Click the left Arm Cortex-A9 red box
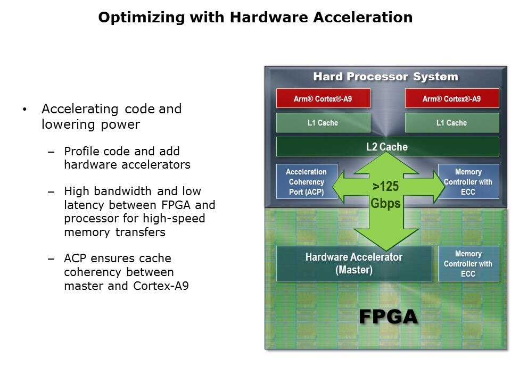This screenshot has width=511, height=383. click(323, 98)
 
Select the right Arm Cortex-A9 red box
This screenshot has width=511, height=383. click(452, 98)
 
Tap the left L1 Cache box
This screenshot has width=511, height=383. click(323, 123)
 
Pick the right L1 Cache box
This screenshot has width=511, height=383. click(452, 123)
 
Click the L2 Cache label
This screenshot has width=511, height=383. click(387, 147)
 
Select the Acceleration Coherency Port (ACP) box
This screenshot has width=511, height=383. click(306, 181)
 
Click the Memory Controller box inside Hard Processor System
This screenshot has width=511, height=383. click(468, 181)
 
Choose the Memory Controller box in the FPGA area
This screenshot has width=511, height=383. click(468, 263)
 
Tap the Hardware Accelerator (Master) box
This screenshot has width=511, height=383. click(354, 263)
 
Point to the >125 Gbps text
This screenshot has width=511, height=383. click(386, 195)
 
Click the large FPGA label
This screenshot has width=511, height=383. click(388, 317)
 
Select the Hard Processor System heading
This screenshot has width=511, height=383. click(385, 77)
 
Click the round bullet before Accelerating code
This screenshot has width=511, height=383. click(24, 110)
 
